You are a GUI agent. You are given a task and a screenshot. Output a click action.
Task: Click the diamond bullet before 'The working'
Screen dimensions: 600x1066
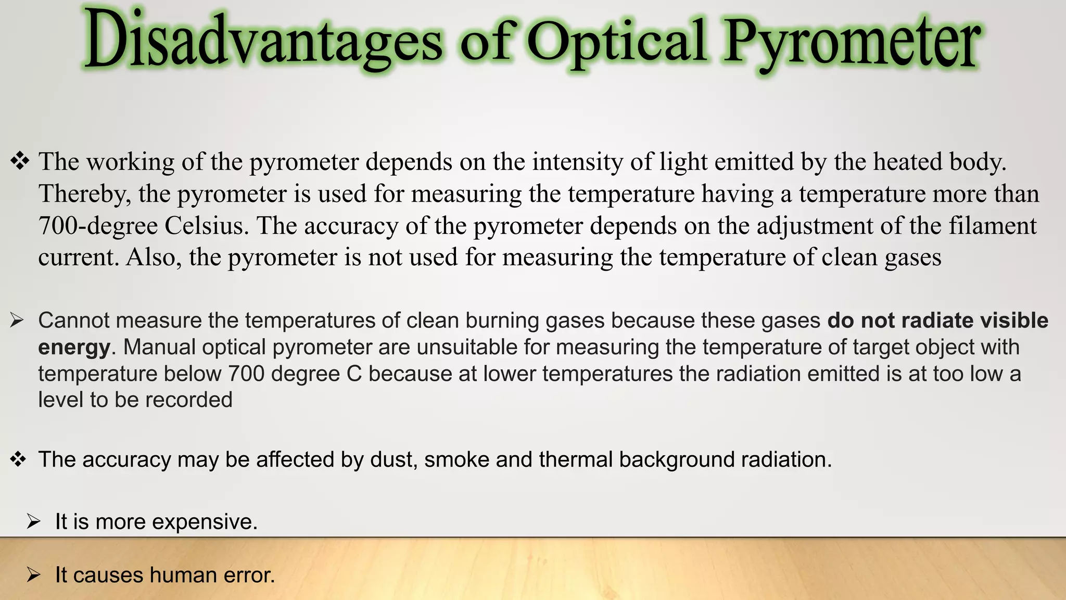pos(20,161)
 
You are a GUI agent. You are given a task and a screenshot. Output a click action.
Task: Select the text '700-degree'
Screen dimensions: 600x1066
pos(98,226)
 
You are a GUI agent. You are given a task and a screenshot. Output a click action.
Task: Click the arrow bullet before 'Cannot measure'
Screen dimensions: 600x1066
pos(17,320)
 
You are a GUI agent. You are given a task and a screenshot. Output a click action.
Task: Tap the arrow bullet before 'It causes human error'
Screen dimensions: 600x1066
pos(34,575)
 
